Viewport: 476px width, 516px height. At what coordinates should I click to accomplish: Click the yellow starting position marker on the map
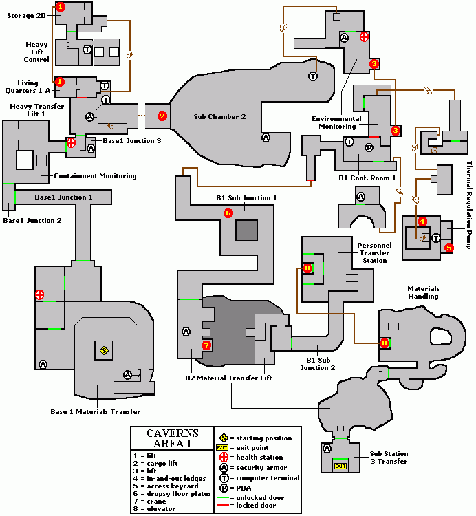point(104,350)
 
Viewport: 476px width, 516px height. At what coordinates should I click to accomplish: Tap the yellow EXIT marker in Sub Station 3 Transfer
point(338,466)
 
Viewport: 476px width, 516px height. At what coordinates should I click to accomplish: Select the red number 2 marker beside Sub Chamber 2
point(162,116)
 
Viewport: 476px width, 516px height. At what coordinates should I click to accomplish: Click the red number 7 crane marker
point(206,345)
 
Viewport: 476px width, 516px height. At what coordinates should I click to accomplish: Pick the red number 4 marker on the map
point(422,222)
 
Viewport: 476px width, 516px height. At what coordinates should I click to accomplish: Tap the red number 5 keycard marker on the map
point(449,248)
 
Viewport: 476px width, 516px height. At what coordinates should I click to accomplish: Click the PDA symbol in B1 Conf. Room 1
point(369,147)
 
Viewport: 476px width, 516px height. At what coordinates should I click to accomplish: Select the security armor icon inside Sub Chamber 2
point(266,138)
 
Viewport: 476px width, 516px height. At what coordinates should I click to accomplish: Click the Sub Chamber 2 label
point(219,116)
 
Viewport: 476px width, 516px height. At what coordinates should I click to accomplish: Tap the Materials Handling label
point(423,292)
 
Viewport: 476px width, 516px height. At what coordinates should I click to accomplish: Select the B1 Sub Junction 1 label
point(246,198)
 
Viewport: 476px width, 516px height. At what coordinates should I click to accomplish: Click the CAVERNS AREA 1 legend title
point(173,438)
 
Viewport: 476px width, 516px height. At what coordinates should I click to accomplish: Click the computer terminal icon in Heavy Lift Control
point(87,50)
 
